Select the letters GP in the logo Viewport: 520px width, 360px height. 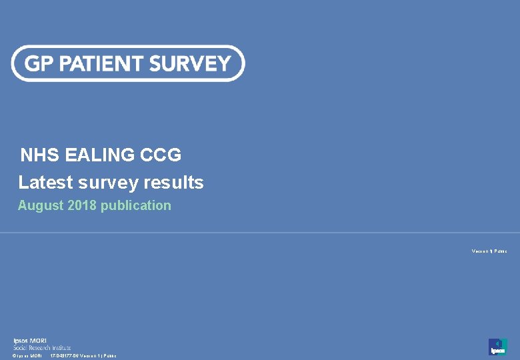click(x=39, y=63)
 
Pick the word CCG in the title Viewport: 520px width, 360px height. click(x=161, y=155)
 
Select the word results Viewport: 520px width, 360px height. click(x=173, y=182)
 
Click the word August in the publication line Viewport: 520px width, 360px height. click(x=41, y=206)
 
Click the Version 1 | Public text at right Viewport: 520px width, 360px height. click(x=489, y=251)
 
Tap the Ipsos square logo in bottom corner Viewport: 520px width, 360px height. click(x=497, y=346)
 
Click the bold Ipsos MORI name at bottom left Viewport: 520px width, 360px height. click(x=30, y=341)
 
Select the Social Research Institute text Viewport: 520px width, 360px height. click(x=42, y=348)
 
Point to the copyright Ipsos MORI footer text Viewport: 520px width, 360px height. click(x=27, y=356)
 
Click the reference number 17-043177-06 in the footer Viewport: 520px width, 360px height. click(x=64, y=356)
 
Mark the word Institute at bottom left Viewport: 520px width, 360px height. click(x=61, y=348)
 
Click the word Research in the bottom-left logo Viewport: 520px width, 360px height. click(x=39, y=348)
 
